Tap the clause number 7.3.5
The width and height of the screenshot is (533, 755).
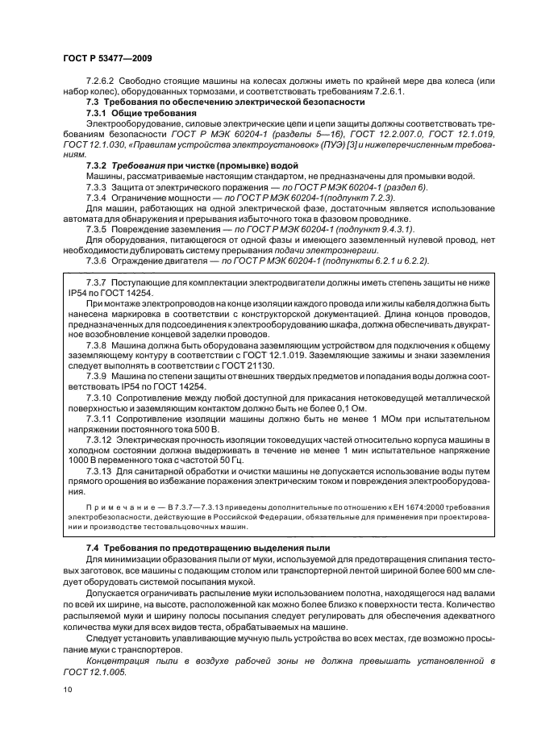(98, 228)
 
